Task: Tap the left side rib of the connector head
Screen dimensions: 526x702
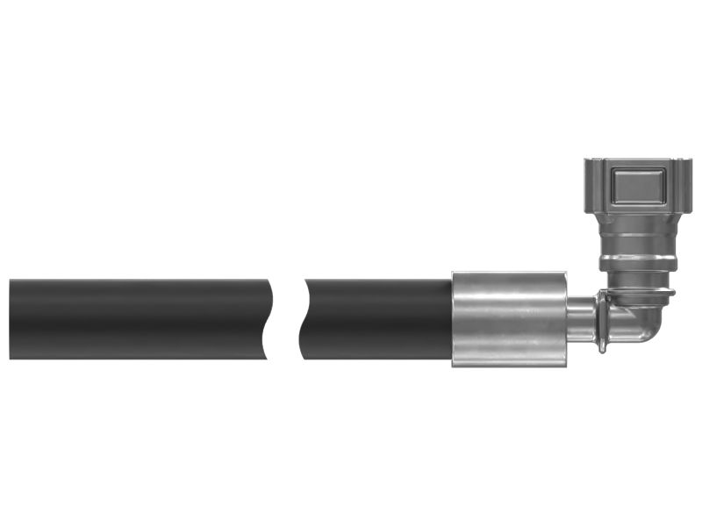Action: coord(589,188)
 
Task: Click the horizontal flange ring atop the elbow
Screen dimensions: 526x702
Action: coord(638,292)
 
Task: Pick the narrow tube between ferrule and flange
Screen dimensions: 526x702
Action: coord(583,319)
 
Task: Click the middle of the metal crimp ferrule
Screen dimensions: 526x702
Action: coord(509,319)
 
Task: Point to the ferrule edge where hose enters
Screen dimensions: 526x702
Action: coord(454,319)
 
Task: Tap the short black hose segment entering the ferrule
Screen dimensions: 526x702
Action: coord(377,319)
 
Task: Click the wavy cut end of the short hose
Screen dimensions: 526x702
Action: coord(304,319)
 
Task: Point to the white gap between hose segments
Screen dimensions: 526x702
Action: coord(285,319)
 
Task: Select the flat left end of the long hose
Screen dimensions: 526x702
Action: coord(11,319)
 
